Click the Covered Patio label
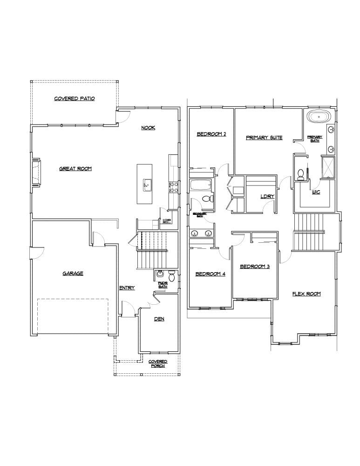pyautogui.click(x=75, y=99)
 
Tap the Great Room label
pyautogui.click(x=75, y=169)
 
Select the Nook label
pyautogui.click(x=148, y=128)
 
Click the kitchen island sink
pyautogui.click(x=146, y=185)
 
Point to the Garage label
pyautogui.click(x=73, y=274)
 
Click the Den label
pyautogui.click(x=159, y=319)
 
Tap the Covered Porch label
pyautogui.click(x=158, y=363)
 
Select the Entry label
pyautogui.click(x=127, y=288)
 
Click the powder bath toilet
pyautogui.click(x=171, y=277)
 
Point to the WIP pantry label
pyautogui.click(x=166, y=221)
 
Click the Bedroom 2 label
pyautogui.click(x=211, y=134)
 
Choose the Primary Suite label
pyautogui.click(x=264, y=138)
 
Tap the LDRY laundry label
pyautogui.click(x=267, y=196)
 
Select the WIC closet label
pyautogui.click(x=316, y=192)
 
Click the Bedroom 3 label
pyautogui.click(x=255, y=267)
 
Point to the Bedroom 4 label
pyautogui.click(x=210, y=274)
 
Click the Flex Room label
pyautogui.click(x=306, y=294)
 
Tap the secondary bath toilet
pyautogui.click(x=206, y=199)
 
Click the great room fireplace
pyautogui.click(x=35, y=173)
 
